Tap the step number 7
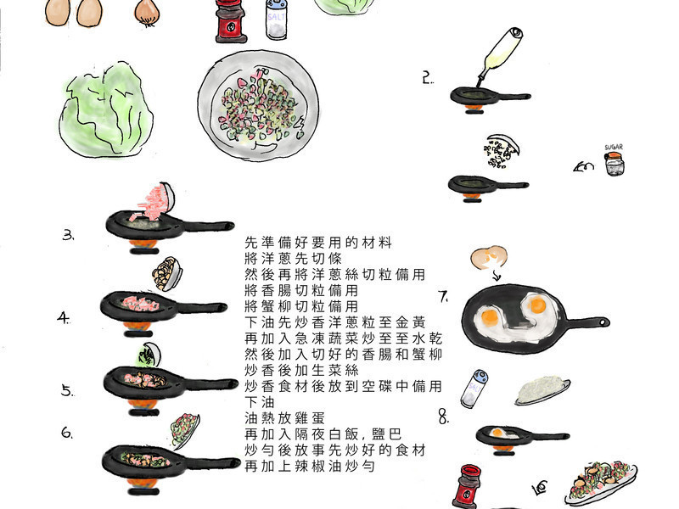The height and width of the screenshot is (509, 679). (443, 296)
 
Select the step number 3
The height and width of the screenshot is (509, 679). (68, 235)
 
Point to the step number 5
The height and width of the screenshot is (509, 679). (67, 391)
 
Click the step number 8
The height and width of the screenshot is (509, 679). (444, 417)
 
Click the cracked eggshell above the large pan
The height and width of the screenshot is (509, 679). (489, 258)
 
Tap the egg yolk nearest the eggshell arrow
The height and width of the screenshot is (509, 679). (490, 318)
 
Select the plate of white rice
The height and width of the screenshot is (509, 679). (542, 390)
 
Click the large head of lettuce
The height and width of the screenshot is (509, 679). (106, 110)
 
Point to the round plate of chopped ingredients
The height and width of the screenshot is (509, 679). (258, 105)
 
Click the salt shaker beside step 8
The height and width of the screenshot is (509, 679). (474, 389)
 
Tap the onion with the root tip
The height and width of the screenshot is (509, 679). (147, 13)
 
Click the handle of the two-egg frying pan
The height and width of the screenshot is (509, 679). (586, 322)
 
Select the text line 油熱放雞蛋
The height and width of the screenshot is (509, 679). (284, 418)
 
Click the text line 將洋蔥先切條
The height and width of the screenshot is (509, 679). (293, 259)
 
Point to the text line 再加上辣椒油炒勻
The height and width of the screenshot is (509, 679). (310, 466)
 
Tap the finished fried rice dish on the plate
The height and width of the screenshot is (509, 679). (601, 482)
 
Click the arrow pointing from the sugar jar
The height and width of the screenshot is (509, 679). (583, 166)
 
